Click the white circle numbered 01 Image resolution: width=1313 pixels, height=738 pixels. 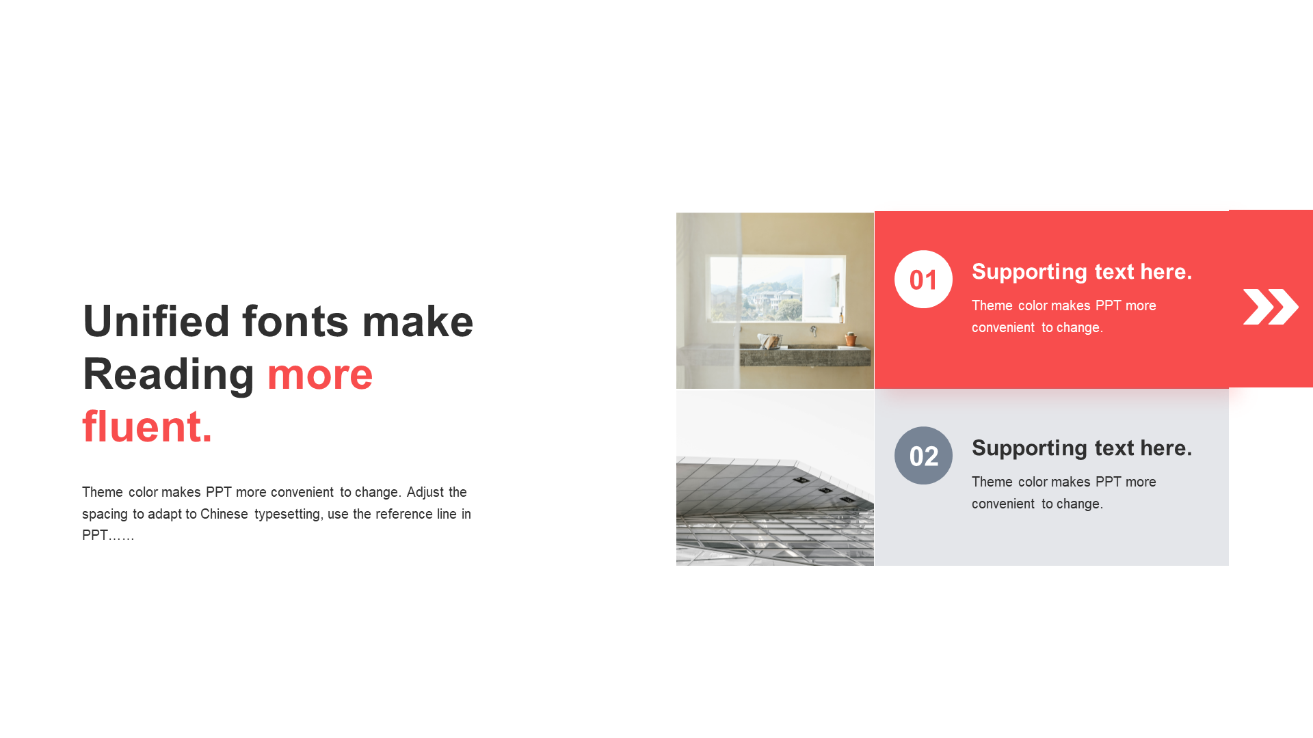tap(923, 279)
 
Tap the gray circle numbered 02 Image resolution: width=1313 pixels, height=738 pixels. tap(923, 455)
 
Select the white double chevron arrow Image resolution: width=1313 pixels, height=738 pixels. tap(1271, 306)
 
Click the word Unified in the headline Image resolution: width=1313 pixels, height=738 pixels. tap(156, 320)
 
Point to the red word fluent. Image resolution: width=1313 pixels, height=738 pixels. tap(147, 426)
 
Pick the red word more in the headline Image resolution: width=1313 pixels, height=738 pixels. tap(320, 374)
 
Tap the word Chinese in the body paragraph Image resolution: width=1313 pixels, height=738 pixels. tap(224, 514)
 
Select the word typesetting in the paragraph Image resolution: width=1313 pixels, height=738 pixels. tap(287, 515)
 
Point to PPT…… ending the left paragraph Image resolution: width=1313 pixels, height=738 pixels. tap(108, 535)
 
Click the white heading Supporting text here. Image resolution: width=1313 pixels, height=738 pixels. tap(1082, 272)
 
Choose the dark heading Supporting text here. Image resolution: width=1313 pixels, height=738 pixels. tap(1082, 448)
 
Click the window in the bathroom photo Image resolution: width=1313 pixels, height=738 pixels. tap(778, 288)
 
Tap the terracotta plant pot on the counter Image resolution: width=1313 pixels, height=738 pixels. tap(851, 339)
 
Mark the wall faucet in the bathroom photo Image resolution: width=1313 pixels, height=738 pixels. tap(814, 331)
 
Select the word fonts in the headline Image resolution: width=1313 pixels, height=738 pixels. tap(295, 320)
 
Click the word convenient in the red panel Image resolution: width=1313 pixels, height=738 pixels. tap(1003, 327)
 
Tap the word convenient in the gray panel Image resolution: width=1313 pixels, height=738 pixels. tap(1003, 504)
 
